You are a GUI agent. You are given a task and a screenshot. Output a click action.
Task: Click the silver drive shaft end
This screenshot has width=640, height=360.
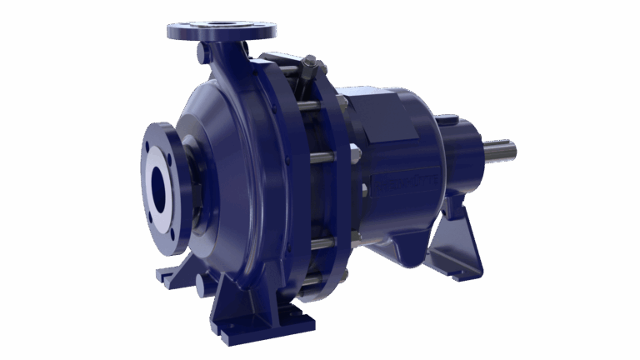click(500, 152)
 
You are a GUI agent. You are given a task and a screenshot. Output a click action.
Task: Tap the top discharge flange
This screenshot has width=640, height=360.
click(221, 32)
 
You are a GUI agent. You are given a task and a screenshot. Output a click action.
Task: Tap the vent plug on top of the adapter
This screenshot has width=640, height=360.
click(312, 64)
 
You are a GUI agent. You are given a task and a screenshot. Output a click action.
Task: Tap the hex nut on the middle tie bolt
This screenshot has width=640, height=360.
click(354, 154)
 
